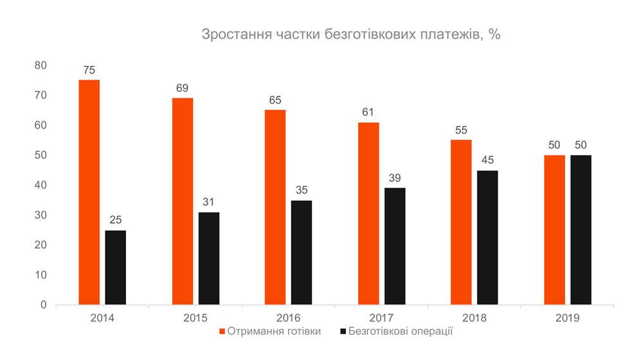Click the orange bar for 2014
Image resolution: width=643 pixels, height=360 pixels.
pos(89,192)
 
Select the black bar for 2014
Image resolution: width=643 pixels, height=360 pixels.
pos(116,267)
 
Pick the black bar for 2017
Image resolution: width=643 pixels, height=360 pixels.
pos(395,246)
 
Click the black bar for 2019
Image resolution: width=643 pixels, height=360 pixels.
pos(581,230)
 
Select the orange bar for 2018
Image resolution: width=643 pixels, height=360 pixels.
pos(460,222)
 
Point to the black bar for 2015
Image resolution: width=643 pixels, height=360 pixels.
pos(209,258)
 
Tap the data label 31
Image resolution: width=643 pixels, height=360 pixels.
pos(209,202)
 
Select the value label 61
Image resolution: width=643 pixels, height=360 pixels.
pos(368,113)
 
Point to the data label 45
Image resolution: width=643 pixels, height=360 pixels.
pos(488,160)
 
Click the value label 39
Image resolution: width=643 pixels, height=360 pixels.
pos(395,178)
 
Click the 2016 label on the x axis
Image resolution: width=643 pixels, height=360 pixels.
pos(288,318)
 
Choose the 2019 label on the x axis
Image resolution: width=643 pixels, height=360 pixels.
pos(567,318)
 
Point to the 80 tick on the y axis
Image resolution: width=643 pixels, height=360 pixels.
pos(41,65)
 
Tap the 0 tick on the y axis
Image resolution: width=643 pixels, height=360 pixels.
pos(44,305)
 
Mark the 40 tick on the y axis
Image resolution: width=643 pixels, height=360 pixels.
pos(41,185)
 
